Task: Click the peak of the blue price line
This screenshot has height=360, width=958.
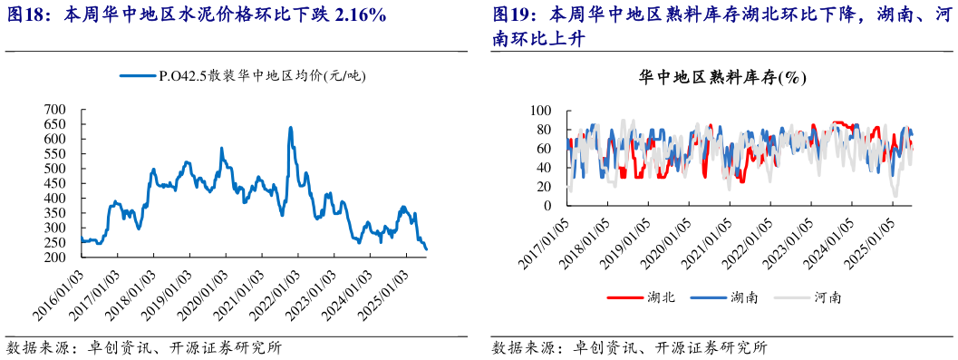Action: pos(290,128)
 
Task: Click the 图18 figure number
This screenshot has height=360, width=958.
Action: pos(26,15)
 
